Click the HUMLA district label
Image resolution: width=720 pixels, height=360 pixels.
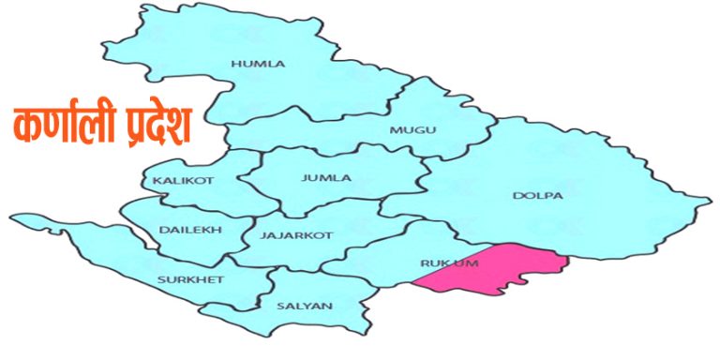coord(258,64)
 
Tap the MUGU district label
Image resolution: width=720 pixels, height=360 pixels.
coord(413,129)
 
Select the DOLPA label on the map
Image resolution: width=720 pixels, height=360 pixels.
coord(538,196)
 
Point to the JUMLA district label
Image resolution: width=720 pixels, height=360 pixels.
coord(326,177)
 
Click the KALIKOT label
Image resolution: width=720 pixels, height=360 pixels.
coord(177,180)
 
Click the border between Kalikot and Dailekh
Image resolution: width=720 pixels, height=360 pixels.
coord(178,197)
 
